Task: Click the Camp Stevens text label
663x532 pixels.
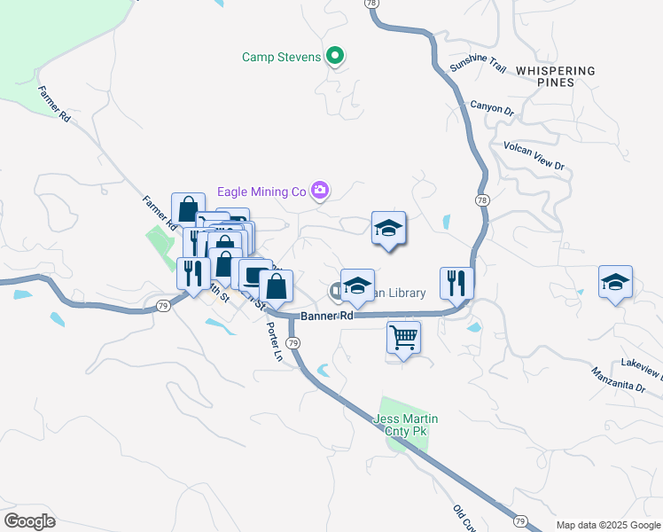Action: [x=281, y=59]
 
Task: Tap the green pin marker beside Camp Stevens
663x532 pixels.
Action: [x=334, y=58]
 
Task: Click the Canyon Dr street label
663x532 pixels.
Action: [x=492, y=108]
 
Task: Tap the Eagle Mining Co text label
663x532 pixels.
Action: [x=261, y=192]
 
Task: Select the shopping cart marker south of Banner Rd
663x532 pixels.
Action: [x=403, y=337]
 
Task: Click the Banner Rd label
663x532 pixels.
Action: [x=327, y=316]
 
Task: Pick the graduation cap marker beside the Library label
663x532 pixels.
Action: [x=357, y=286]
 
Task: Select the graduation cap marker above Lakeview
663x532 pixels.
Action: [x=615, y=282]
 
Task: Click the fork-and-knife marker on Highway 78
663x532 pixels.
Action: [x=456, y=284]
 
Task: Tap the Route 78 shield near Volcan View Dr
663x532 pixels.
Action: [x=481, y=200]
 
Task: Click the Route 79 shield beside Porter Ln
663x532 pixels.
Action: [x=293, y=343]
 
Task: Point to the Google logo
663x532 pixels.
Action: [x=29, y=521]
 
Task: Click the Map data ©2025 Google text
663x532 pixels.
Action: [x=607, y=525]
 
